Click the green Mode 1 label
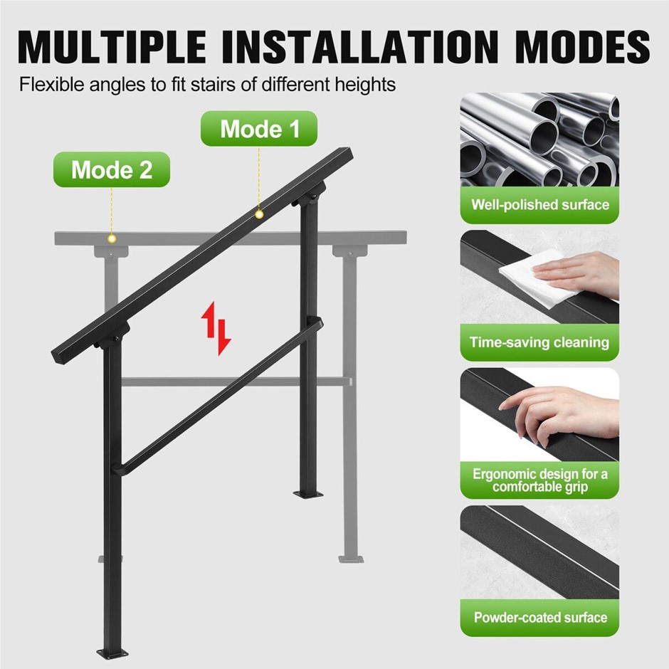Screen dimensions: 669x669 [x=259, y=128]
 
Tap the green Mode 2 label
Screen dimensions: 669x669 [x=111, y=169]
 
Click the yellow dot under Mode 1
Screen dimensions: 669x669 [x=259, y=214]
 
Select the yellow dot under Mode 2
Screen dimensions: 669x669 [x=112, y=238]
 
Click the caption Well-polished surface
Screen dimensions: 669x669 [x=539, y=205]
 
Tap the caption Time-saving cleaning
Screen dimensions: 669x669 [x=539, y=342]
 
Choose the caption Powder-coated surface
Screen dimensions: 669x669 [x=540, y=617]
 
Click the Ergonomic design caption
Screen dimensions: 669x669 [x=539, y=480]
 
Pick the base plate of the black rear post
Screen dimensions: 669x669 [x=308, y=495]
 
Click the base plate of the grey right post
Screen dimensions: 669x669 [x=351, y=559]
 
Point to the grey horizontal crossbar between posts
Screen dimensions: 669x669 [x=237, y=381]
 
